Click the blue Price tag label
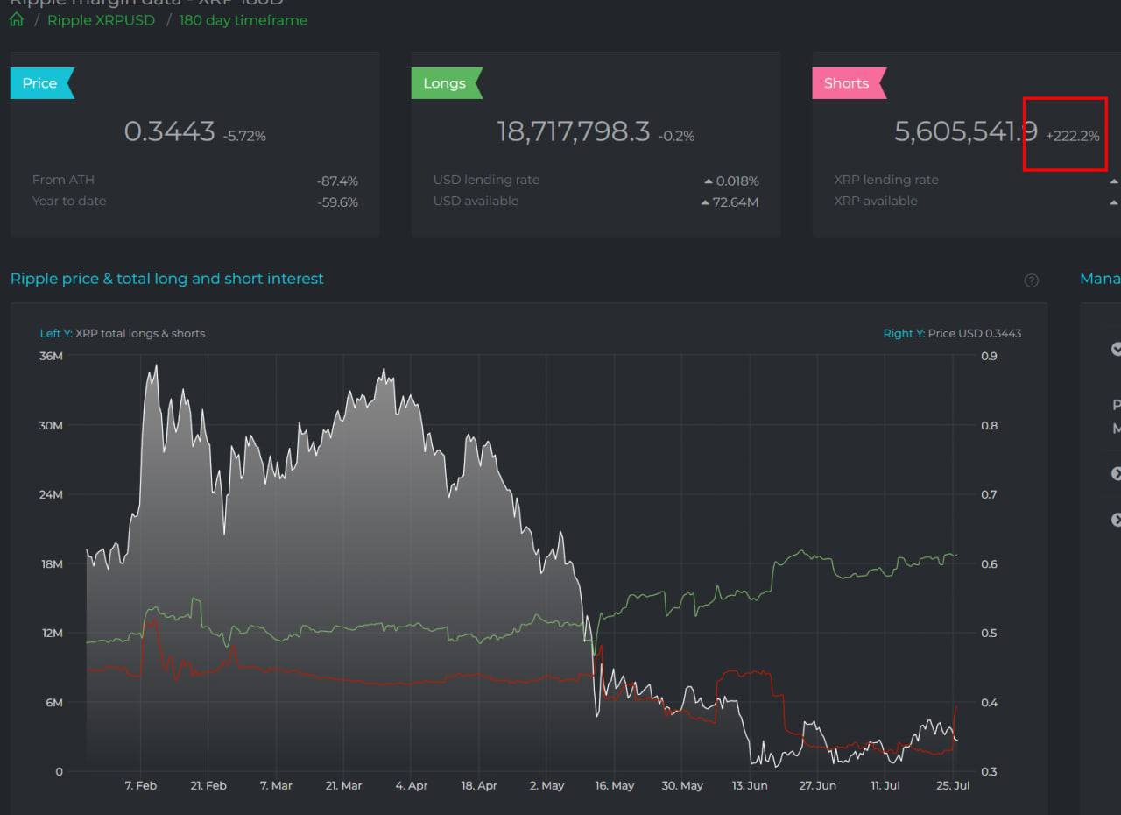(x=40, y=83)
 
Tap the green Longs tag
(x=445, y=83)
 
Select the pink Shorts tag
(x=847, y=83)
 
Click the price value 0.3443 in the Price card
(x=169, y=131)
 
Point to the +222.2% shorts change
(x=1072, y=136)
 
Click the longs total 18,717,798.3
(x=574, y=131)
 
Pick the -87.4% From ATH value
(x=337, y=181)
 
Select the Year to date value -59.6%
(x=337, y=202)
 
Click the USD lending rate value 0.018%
(x=737, y=181)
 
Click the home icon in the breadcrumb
(x=17, y=20)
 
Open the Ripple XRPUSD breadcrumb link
(x=101, y=20)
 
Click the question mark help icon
(x=1031, y=280)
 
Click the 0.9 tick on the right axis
(x=989, y=356)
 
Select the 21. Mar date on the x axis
(x=343, y=785)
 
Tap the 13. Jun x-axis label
(x=750, y=785)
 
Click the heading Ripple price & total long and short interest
(x=167, y=279)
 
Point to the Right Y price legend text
(x=952, y=333)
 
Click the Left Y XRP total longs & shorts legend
(x=123, y=333)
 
